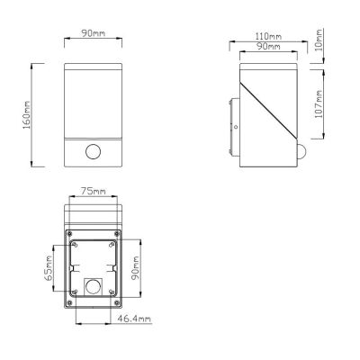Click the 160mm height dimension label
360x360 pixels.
[27, 115]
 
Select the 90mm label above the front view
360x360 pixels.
[94, 33]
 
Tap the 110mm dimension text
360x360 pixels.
[268, 37]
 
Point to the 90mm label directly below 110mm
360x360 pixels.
[268, 47]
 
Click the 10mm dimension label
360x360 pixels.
[319, 40]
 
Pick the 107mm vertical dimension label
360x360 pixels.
[319, 104]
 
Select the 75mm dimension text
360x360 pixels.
[94, 191]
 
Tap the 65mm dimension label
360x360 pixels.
[49, 268]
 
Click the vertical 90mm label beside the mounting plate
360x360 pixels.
[137, 268]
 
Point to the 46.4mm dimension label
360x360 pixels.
[134, 319]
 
